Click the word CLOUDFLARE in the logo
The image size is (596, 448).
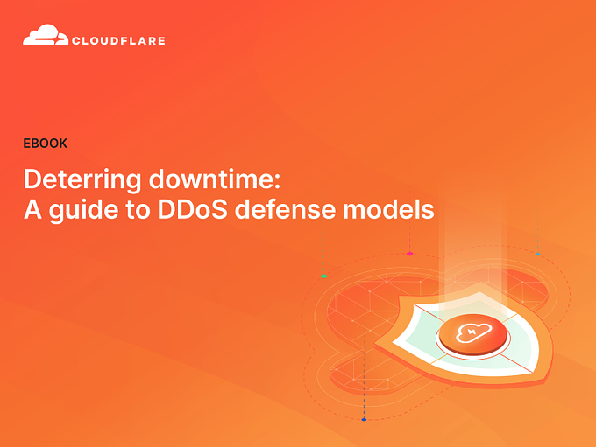tap(119, 40)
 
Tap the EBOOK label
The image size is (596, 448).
tap(46, 143)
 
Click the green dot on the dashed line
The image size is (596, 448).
tap(323, 276)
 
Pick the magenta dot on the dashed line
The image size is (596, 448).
tap(409, 254)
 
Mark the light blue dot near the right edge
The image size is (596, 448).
tap(537, 255)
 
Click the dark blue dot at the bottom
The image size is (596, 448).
tap(364, 419)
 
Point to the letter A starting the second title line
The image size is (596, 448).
tap(32, 210)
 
